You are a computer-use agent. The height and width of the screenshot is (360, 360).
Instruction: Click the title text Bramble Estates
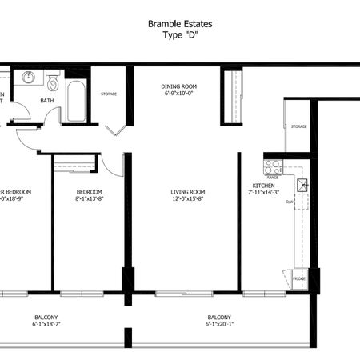pyautogui.click(x=180, y=25)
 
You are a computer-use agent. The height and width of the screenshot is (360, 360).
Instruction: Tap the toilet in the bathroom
pyautogui.click(x=53, y=82)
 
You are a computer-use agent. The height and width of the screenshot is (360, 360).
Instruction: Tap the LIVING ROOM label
pyautogui.click(x=188, y=192)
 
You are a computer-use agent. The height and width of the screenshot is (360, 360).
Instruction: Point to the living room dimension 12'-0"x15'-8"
pyautogui.click(x=188, y=199)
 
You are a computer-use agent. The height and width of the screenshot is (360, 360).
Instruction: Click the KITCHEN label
pyautogui.click(x=263, y=185)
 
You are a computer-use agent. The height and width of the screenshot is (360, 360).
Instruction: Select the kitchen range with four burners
pyautogui.click(x=273, y=167)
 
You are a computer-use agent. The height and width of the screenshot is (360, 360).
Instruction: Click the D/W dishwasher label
pyautogui.click(x=290, y=202)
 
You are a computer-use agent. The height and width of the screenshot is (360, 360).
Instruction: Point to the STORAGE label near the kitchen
pyautogui.click(x=298, y=126)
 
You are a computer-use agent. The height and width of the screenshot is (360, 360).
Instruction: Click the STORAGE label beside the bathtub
pyautogui.click(x=109, y=94)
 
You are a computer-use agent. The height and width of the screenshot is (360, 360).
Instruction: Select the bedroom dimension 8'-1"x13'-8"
pyautogui.click(x=90, y=199)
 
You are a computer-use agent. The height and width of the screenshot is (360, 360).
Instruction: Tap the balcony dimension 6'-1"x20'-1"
pyautogui.click(x=220, y=325)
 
